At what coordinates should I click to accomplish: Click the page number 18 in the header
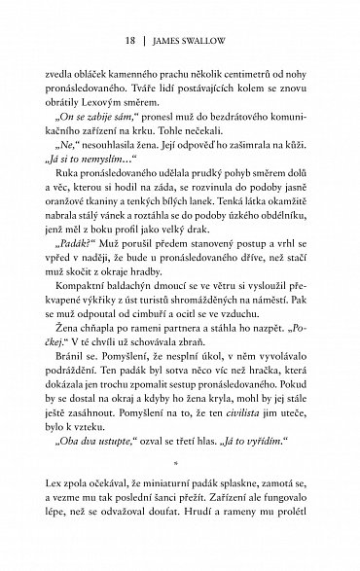[x=131, y=41]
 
